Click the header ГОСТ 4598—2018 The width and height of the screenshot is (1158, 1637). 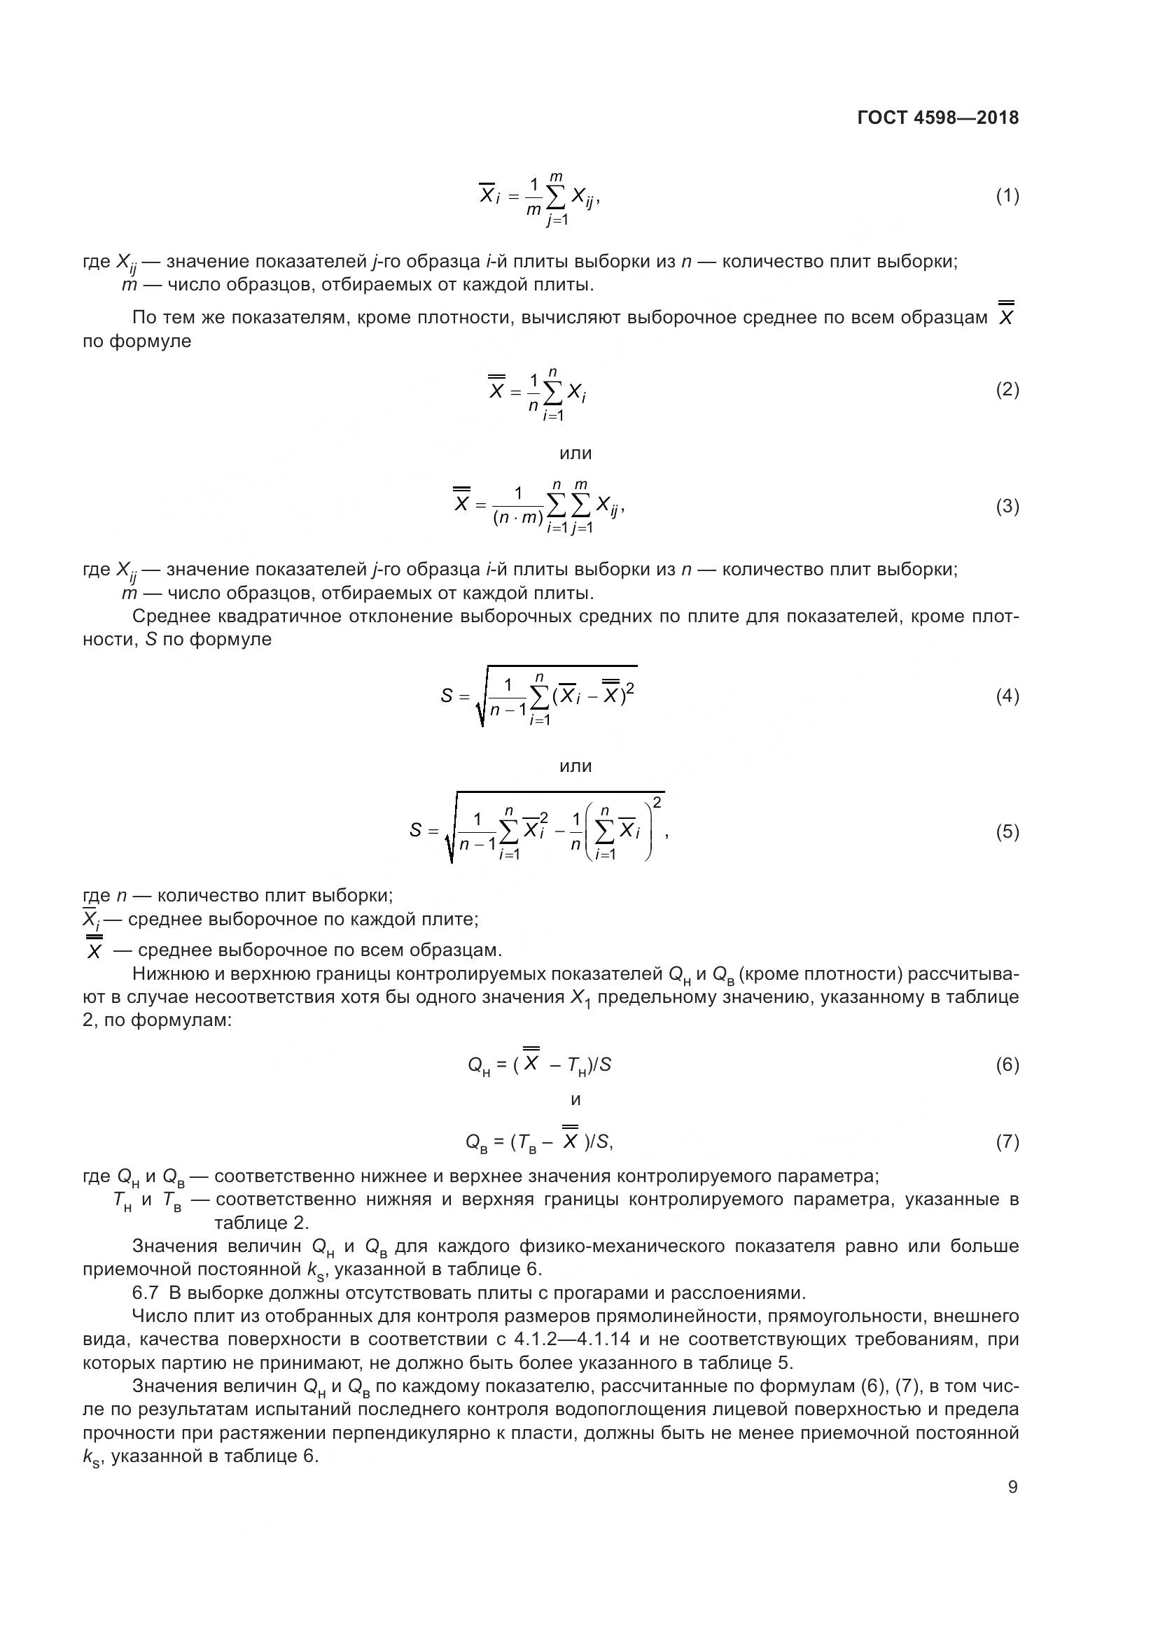[x=937, y=118]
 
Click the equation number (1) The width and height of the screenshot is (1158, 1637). [x=1007, y=195]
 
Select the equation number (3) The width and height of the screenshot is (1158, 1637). [x=1007, y=506]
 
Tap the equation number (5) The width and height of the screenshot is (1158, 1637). [x=1007, y=831]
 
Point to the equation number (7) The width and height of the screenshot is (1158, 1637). [x=1007, y=1142]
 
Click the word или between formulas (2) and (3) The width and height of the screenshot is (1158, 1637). [x=575, y=453]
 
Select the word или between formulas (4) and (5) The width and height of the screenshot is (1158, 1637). [x=575, y=766]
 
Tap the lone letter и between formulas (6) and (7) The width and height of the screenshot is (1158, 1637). [x=576, y=1099]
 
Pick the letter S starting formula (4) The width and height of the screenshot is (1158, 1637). [x=447, y=695]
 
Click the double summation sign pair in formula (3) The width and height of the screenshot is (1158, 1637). [x=569, y=506]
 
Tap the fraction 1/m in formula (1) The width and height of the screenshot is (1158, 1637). [x=533, y=197]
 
